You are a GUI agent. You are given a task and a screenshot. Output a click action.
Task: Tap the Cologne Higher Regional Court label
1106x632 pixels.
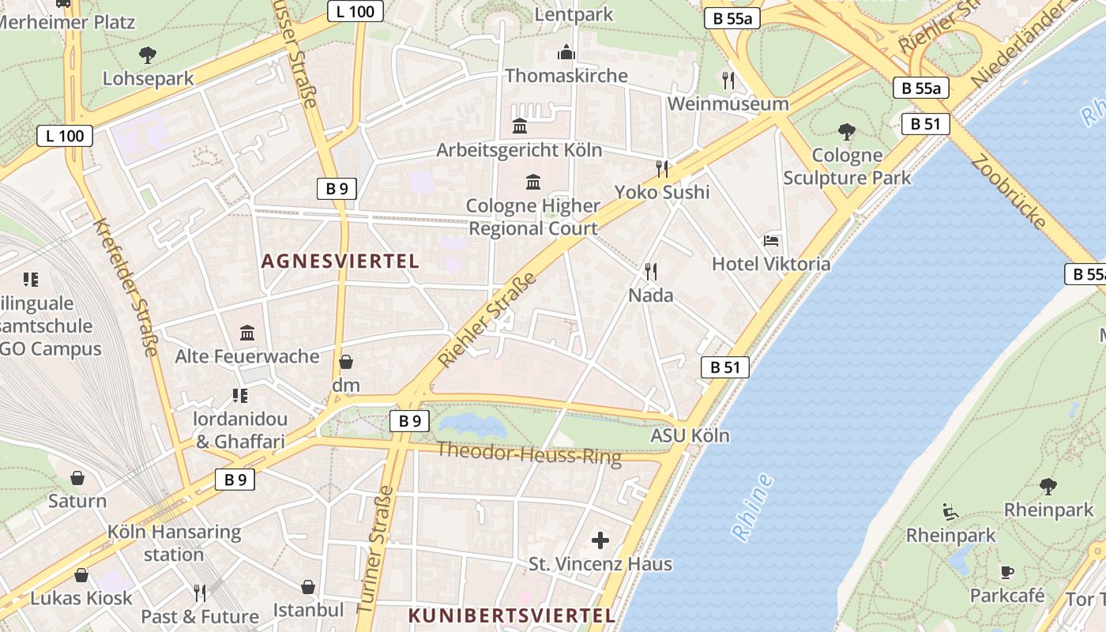click(533, 217)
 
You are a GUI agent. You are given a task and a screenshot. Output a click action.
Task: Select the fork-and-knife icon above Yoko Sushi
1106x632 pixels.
click(662, 168)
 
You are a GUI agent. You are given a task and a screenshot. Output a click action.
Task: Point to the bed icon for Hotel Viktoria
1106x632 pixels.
click(771, 241)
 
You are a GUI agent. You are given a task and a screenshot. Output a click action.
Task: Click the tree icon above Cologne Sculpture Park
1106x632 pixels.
click(847, 131)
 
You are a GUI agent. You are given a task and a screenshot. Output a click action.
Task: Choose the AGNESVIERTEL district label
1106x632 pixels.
click(340, 261)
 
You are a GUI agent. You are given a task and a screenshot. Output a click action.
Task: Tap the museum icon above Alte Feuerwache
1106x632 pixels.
click(247, 333)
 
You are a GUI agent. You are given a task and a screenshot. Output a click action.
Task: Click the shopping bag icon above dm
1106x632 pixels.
click(346, 362)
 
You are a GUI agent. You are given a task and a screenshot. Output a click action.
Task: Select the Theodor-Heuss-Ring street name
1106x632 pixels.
click(529, 453)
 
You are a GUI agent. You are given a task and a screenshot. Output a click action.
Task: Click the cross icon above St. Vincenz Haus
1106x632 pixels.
click(600, 540)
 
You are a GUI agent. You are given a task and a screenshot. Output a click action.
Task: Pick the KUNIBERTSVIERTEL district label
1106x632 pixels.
click(511, 615)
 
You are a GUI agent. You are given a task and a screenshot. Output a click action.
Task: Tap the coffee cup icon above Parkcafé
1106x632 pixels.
click(1007, 572)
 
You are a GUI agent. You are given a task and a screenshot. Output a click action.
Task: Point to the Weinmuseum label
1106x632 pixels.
click(728, 103)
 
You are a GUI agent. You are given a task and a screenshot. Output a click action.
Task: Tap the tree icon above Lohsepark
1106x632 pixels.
click(148, 55)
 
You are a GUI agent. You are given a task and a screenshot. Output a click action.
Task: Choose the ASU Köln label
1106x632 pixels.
click(690, 435)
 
